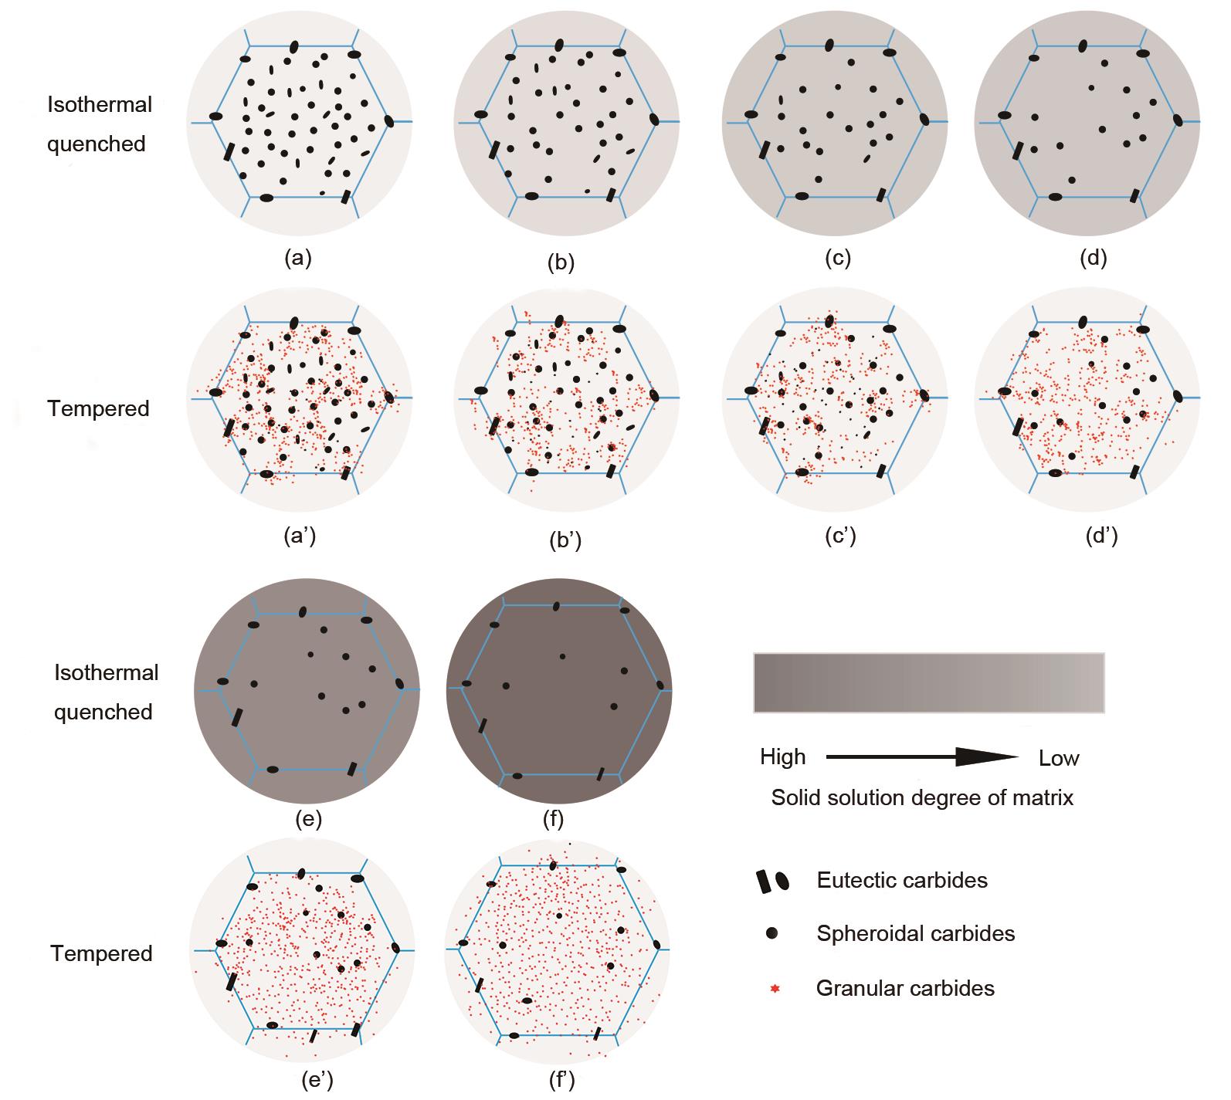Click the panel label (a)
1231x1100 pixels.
298,259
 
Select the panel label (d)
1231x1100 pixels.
1093,259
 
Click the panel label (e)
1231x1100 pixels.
308,818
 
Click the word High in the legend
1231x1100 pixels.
782,756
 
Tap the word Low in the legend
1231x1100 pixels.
1059,758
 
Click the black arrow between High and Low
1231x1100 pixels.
923,757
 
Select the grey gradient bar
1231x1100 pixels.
928,682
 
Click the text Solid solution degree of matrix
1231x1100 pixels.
922,797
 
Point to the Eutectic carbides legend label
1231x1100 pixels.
902,880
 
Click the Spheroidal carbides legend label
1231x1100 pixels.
915,933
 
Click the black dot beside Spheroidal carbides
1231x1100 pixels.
771,934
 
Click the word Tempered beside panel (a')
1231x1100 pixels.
99,408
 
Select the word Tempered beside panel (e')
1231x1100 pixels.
102,953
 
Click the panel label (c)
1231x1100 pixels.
838,259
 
